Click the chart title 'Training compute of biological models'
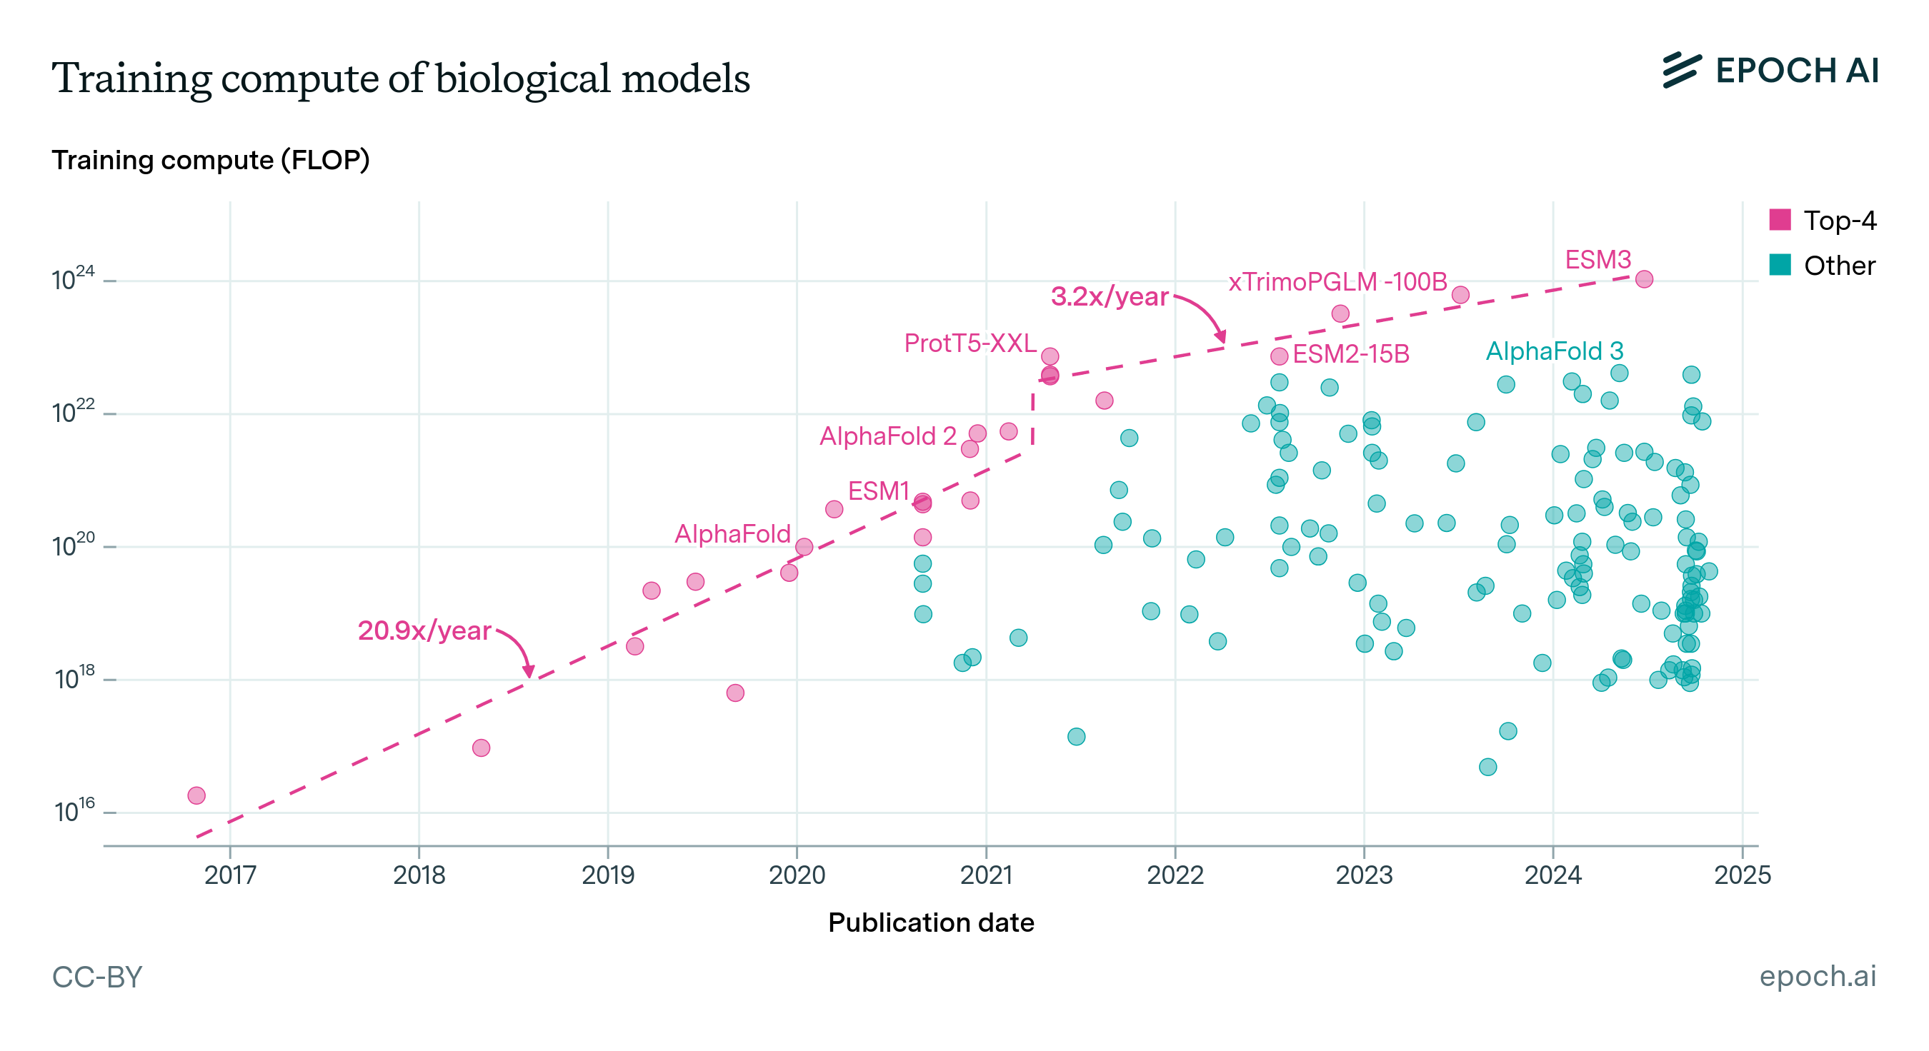[x=401, y=78]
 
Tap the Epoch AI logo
[x=1770, y=71]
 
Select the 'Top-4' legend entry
[x=1823, y=220]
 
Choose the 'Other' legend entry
[x=1823, y=266]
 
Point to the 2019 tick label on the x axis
[x=607, y=875]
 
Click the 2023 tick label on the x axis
[x=1364, y=875]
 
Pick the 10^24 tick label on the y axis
[x=74, y=280]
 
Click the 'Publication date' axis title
[x=931, y=922]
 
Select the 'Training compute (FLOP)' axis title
[x=211, y=160]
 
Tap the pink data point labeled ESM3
[x=1644, y=279]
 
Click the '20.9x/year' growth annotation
[x=424, y=630]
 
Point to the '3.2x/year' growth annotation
[x=1109, y=296]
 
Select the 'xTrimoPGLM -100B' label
[x=1337, y=282]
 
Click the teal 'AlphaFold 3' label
[x=1555, y=351]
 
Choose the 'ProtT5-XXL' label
[x=970, y=343]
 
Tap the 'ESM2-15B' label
[x=1351, y=353]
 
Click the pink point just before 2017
[x=196, y=795]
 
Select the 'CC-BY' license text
[x=97, y=977]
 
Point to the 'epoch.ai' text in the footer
[x=1818, y=976]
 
